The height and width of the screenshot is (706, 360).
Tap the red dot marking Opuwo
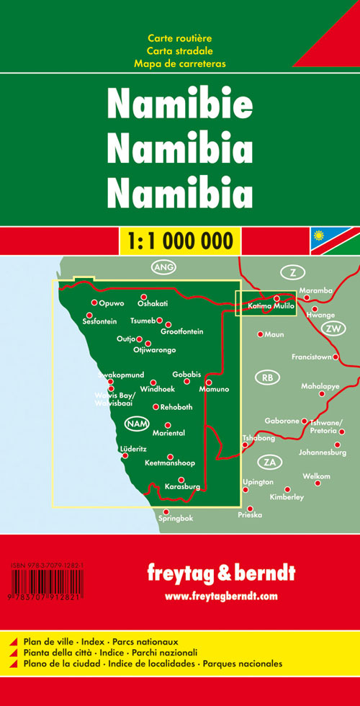tap(94, 303)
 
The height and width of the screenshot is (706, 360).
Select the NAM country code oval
tap(136, 424)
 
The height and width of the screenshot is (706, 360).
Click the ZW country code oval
tap(332, 328)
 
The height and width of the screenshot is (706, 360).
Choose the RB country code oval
tap(266, 377)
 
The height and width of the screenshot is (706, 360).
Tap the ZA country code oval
tap(269, 461)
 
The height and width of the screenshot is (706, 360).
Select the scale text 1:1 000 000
tap(180, 239)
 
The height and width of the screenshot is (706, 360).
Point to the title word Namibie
tap(180, 106)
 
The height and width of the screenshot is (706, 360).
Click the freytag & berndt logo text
tap(220, 573)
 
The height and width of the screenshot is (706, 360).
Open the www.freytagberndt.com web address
tap(221, 596)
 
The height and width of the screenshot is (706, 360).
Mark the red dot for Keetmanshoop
tap(170, 456)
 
